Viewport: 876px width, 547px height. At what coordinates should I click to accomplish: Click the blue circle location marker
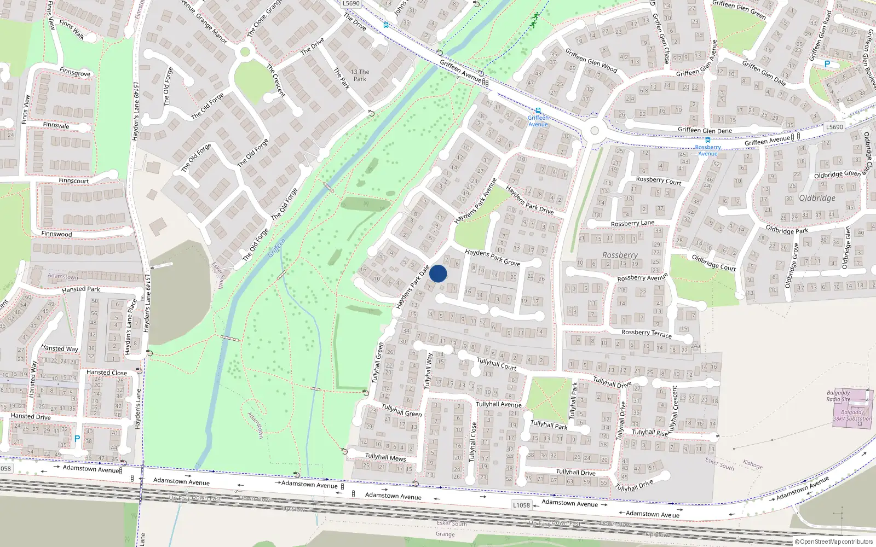coord(438,273)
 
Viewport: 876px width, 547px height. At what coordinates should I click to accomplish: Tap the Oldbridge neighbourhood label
coord(817,198)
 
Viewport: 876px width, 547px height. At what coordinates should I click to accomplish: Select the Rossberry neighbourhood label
coord(620,255)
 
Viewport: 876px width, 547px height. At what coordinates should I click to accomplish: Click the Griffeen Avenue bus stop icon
coord(538,111)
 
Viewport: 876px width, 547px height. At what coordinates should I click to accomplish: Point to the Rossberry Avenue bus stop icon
coord(708,140)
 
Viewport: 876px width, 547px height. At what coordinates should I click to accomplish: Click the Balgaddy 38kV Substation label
coord(852,416)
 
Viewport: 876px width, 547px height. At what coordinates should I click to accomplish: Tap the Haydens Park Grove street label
coord(492,258)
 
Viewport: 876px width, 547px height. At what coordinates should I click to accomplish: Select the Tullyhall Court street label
coord(497,364)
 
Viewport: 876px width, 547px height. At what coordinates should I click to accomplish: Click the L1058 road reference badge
coord(521,505)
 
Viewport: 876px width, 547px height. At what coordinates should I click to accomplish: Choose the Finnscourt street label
coord(73,181)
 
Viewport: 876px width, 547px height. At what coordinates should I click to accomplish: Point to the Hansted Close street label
coord(106,373)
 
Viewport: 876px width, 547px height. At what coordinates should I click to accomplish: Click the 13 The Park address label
coord(360,75)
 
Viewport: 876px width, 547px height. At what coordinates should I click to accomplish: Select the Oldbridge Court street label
coord(713,263)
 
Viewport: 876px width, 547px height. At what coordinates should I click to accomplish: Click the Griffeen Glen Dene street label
coord(705,130)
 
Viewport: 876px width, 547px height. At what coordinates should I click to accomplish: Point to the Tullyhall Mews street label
coord(385,457)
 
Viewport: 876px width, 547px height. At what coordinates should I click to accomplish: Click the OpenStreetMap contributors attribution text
coord(834,542)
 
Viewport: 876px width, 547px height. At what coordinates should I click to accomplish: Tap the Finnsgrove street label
coord(75,73)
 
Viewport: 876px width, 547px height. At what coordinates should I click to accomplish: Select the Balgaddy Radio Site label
coord(838,396)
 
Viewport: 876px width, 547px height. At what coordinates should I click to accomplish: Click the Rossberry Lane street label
coord(632,223)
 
